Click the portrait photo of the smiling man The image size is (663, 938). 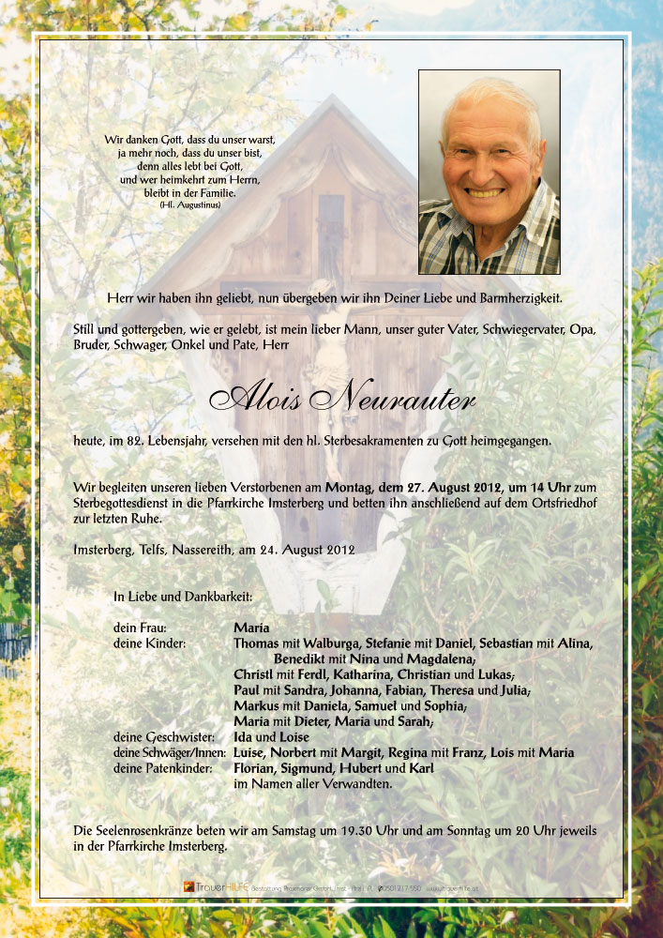(x=489, y=172)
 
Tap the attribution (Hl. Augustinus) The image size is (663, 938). (x=184, y=204)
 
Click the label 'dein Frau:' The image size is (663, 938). (x=140, y=628)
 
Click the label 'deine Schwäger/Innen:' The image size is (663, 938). (x=170, y=753)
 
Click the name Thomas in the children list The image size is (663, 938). (x=256, y=643)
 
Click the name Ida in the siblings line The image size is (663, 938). (x=242, y=737)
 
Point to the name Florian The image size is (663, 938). (x=255, y=768)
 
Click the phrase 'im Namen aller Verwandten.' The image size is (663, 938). (x=312, y=783)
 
